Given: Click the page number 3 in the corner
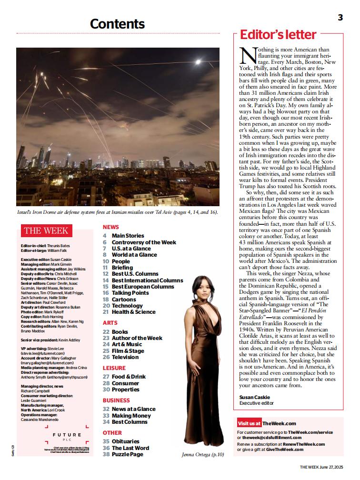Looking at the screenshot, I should [340, 18].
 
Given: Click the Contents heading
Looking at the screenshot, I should [117, 24].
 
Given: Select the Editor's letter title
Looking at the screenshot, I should [278, 35].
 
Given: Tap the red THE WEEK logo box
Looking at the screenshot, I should [46, 231].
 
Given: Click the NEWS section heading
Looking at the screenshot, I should [110, 227].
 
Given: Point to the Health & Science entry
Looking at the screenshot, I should [133, 312].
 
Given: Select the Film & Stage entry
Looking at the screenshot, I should [128, 351].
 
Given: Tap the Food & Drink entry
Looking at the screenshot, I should [129, 377].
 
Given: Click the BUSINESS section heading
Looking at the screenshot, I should [116, 400].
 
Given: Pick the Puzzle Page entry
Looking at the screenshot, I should [127, 455].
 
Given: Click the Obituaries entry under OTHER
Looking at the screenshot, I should [126, 442].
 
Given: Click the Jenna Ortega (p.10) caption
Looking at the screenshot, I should [202, 455].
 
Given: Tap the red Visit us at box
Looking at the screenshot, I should [249, 423].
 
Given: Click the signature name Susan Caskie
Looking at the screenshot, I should [255, 397].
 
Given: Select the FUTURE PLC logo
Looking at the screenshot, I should [67, 436].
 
